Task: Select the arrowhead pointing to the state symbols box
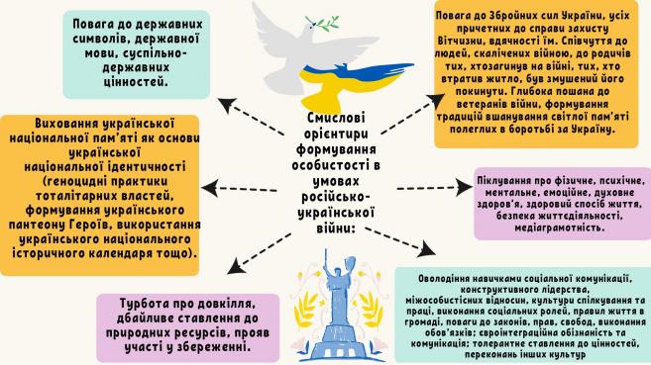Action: pos(227,105)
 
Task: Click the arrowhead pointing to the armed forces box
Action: pos(435,100)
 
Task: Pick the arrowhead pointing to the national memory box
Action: pos(210,189)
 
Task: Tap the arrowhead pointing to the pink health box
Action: pos(464,187)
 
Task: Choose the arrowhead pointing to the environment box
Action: pos(237,266)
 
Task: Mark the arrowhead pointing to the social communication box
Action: pos(426,249)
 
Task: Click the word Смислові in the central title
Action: pos(336,118)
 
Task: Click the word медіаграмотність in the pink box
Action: pos(560,228)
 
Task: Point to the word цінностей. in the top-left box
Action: pos(136,82)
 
